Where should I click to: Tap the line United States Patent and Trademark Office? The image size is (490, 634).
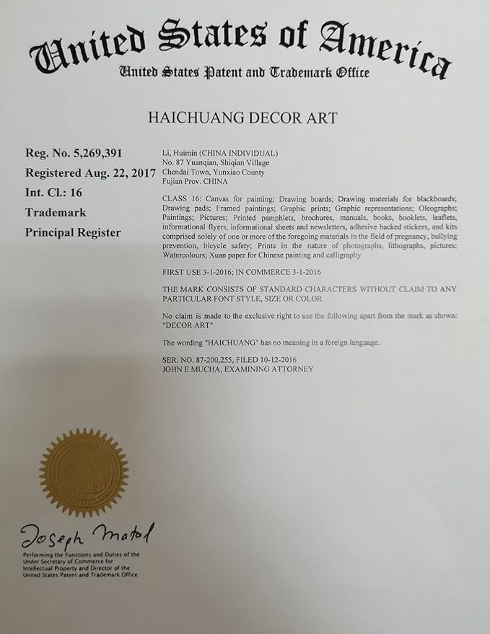pos(244,72)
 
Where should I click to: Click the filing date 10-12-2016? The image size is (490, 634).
pos(285,359)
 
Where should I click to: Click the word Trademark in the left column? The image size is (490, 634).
pos(56,213)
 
